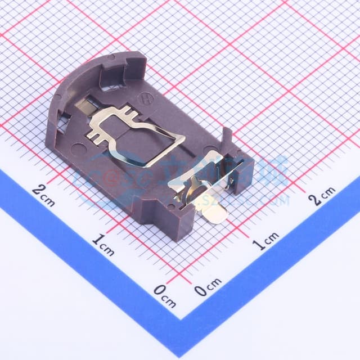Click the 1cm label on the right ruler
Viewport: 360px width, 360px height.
click(x=265, y=242)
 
